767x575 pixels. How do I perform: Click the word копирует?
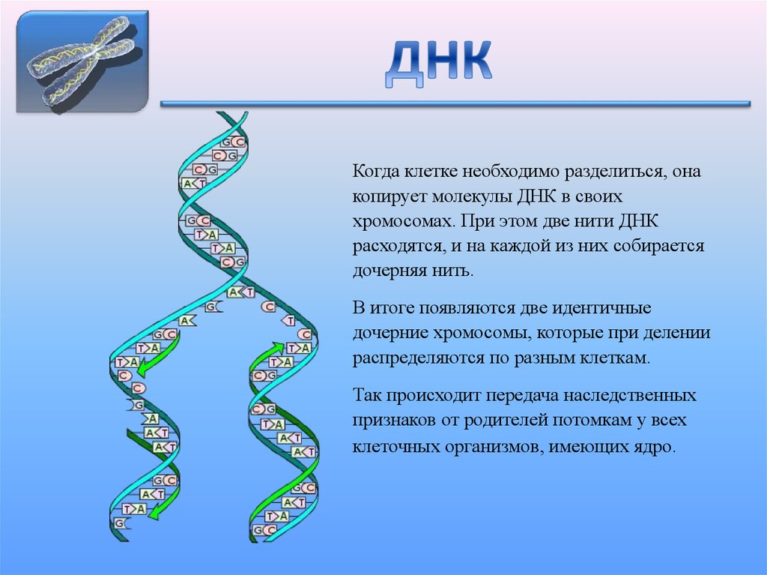389,196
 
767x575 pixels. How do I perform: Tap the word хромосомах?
402,221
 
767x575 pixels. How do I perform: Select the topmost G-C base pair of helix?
229,141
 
